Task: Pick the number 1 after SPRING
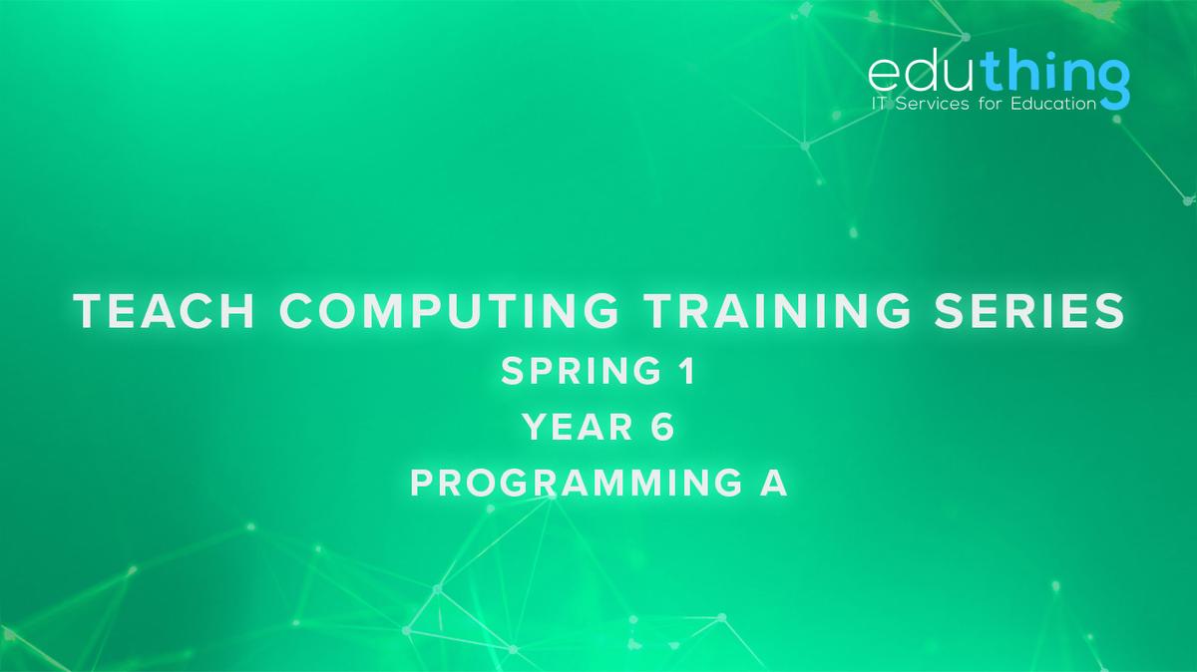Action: [684, 372]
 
